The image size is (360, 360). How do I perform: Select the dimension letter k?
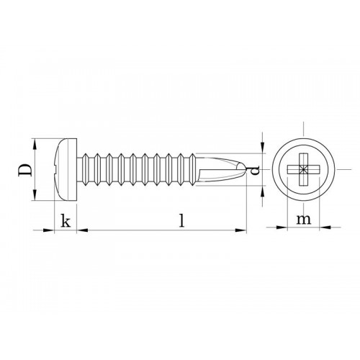pos(66,222)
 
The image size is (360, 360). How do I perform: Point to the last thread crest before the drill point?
pos(189,153)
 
